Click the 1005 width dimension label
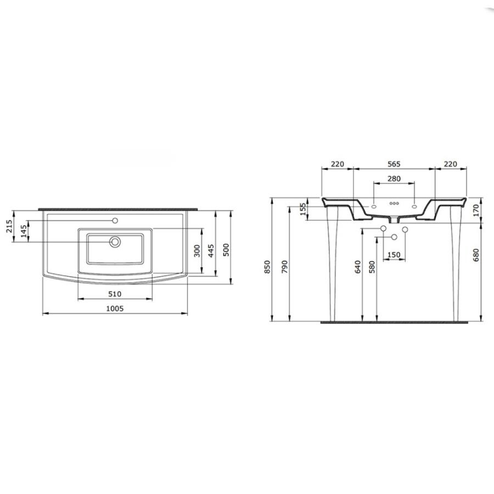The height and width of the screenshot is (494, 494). tap(115, 308)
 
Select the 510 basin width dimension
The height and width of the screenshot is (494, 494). tap(115, 294)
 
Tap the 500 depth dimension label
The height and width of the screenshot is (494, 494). tap(226, 250)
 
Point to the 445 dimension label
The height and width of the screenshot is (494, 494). tap(211, 250)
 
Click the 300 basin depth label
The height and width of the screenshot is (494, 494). tap(197, 251)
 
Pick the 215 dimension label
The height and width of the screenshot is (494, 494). tap(10, 226)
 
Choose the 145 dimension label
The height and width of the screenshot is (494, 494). tap(24, 232)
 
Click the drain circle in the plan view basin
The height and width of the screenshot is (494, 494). tap(115, 242)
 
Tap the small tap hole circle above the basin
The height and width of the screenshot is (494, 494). tap(115, 221)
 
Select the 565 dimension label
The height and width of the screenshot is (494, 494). tap(394, 164)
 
